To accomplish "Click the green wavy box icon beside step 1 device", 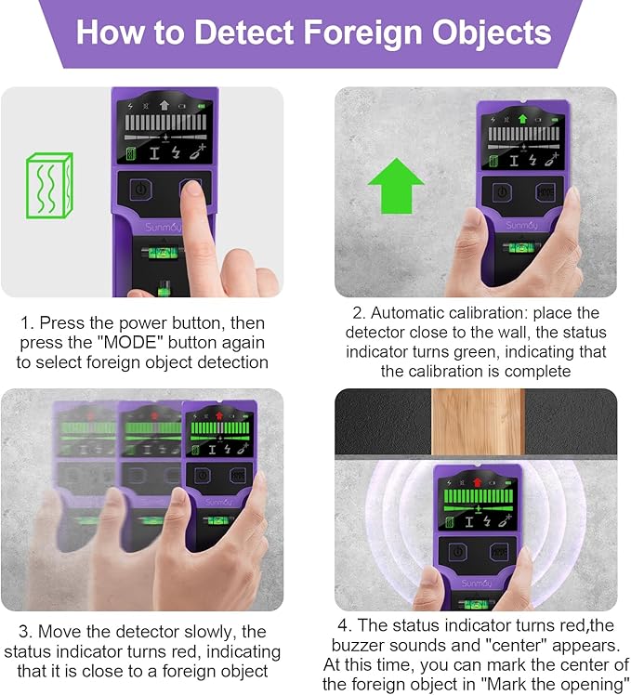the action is [x=48, y=185].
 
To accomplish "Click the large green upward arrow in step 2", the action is [x=396, y=186].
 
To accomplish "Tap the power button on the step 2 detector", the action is [x=502, y=192].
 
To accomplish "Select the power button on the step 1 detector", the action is [x=141, y=190].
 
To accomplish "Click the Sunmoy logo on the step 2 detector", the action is [x=521, y=225].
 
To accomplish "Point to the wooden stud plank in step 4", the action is [x=478, y=422].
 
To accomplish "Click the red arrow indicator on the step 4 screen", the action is [x=477, y=482].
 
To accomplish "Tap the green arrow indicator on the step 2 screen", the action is [x=522, y=119].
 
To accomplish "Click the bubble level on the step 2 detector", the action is [x=523, y=247].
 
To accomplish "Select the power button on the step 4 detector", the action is [x=457, y=552].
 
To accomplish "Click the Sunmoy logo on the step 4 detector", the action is [x=476, y=584].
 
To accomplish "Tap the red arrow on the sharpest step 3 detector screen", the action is [x=219, y=415].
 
